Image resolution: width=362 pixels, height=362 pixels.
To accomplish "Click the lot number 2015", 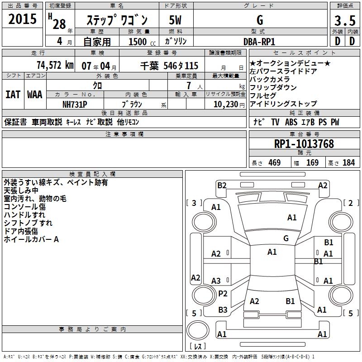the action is pos(23,19).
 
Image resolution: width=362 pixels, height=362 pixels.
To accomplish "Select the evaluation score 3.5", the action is pos(344,20).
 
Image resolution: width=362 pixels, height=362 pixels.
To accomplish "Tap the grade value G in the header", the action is pos(259,20).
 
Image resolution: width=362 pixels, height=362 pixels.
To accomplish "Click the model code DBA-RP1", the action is pos(259,41).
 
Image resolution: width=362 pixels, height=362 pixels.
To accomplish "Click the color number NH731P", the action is pos(75,103).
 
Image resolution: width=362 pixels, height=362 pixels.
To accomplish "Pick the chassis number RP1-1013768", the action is pos(304,144).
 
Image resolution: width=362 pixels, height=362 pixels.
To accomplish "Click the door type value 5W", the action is pos(175,20).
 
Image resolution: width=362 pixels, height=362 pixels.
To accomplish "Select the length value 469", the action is pos(274,162).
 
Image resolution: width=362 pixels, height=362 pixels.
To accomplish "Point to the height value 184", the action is pos(348,162).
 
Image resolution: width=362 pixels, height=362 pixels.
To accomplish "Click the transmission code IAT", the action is pos(13,95).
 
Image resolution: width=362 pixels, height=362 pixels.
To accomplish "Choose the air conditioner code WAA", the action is pos(35,95).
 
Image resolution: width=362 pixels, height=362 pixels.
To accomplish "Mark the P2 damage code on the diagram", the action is pos(223,294).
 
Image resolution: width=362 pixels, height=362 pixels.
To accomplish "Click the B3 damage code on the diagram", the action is pos(223,310).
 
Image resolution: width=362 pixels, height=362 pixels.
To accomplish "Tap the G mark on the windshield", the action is pos(286,238).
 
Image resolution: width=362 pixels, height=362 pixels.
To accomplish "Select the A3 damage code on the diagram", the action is pos(216,281).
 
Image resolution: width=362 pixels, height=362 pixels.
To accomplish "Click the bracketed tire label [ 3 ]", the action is pos(194,203).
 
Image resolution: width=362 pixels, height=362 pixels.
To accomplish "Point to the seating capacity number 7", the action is pos(188,86).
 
